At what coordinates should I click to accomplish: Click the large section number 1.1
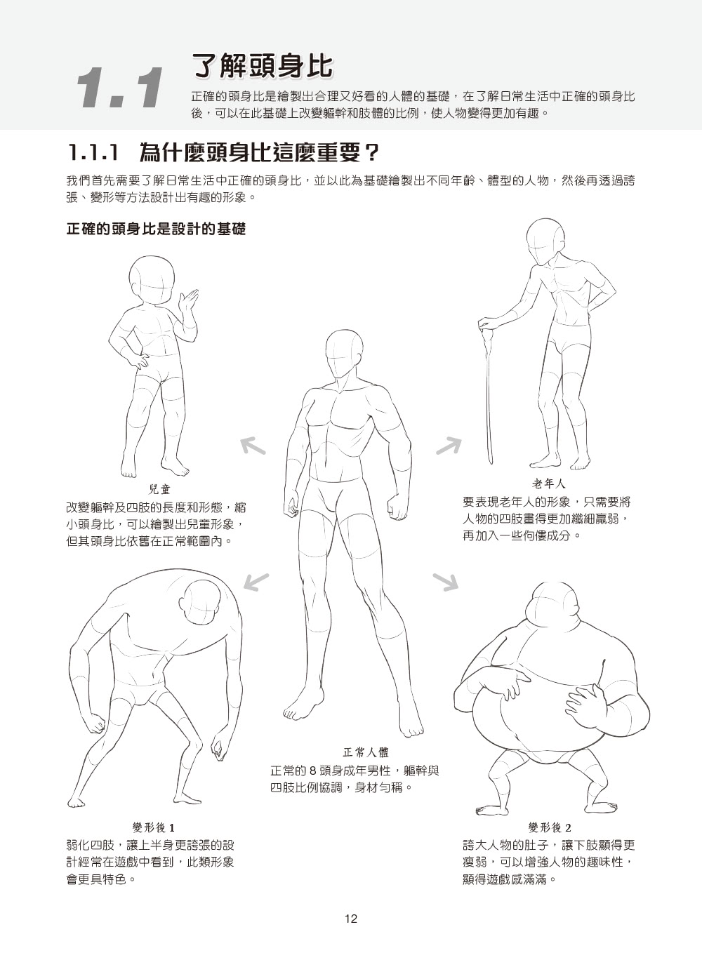pos(121,88)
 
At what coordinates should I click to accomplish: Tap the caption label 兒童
pos(159,489)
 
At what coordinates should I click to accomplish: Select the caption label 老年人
pos(550,484)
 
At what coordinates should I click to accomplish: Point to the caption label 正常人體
pos(366,752)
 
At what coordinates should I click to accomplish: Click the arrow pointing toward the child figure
pos(253,446)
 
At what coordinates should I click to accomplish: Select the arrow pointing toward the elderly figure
pos(449,446)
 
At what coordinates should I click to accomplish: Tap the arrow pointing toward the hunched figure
pos(256,582)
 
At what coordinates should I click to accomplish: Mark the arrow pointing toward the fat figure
pos(446,582)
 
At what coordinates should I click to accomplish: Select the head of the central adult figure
pos(344,354)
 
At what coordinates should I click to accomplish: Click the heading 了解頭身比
pos(263,66)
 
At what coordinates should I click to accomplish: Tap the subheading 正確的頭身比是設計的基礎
pos(156,229)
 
